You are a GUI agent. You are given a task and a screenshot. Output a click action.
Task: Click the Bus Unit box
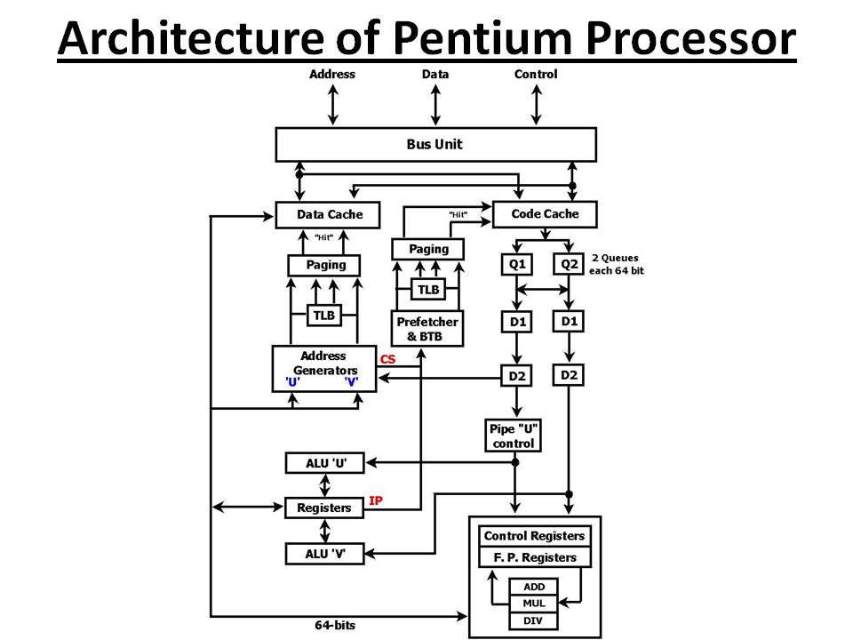pyautogui.click(x=435, y=144)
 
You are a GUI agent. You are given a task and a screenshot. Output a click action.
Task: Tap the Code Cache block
pyautogui.click(x=545, y=214)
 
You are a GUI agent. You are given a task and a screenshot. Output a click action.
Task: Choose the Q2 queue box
pyautogui.click(x=569, y=264)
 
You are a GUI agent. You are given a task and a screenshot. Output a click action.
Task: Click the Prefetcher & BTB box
pyautogui.click(x=428, y=330)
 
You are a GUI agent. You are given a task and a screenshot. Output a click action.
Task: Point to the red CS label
pyautogui.click(x=388, y=359)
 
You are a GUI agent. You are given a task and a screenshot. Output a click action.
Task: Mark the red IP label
pyautogui.click(x=376, y=501)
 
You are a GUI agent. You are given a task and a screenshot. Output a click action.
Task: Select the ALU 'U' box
pyautogui.click(x=324, y=463)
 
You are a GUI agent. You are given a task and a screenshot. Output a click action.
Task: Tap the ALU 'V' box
pyautogui.click(x=324, y=554)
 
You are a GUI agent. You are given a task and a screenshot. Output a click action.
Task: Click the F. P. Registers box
pyautogui.click(x=535, y=557)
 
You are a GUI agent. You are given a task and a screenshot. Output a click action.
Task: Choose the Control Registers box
pyautogui.click(x=535, y=536)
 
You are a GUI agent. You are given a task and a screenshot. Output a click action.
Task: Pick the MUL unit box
pyautogui.click(x=534, y=604)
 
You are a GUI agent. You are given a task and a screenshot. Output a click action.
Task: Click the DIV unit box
pyautogui.click(x=534, y=620)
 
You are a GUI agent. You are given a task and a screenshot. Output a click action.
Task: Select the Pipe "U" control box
pyautogui.click(x=514, y=436)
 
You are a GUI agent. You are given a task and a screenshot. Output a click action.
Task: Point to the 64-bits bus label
pyautogui.click(x=335, y=626)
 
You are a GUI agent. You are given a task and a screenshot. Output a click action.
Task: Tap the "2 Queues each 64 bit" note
pyautogui.click(x=616, y=265)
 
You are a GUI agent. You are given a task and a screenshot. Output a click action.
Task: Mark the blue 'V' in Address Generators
pyautogui.click(x=351, y=381)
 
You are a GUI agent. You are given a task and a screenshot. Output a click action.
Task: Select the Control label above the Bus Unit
pyautogui.click(x=536, y=75)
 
